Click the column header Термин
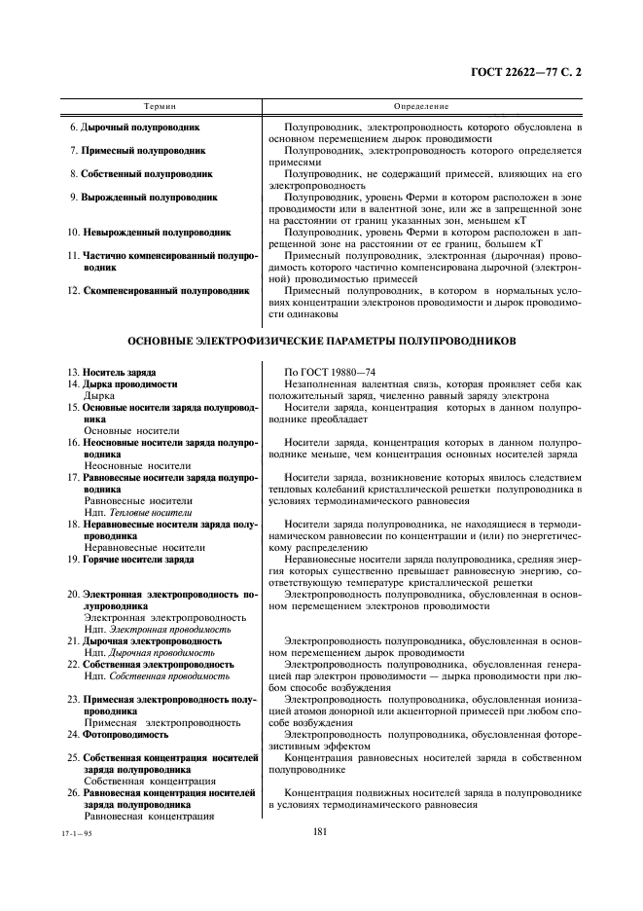pyautogui.click(x=160, y=105)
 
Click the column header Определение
pyautogui.click(x=420, y=105)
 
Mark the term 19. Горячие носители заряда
pyautogui.click(x=130, y=560)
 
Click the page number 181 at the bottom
pyautogui.click(x=321, y=831)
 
